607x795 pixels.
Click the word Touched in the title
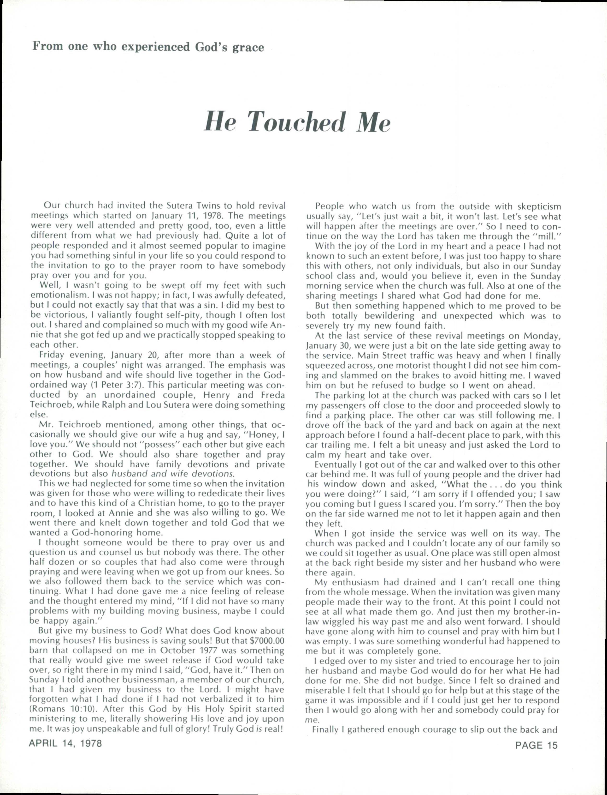296,122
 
